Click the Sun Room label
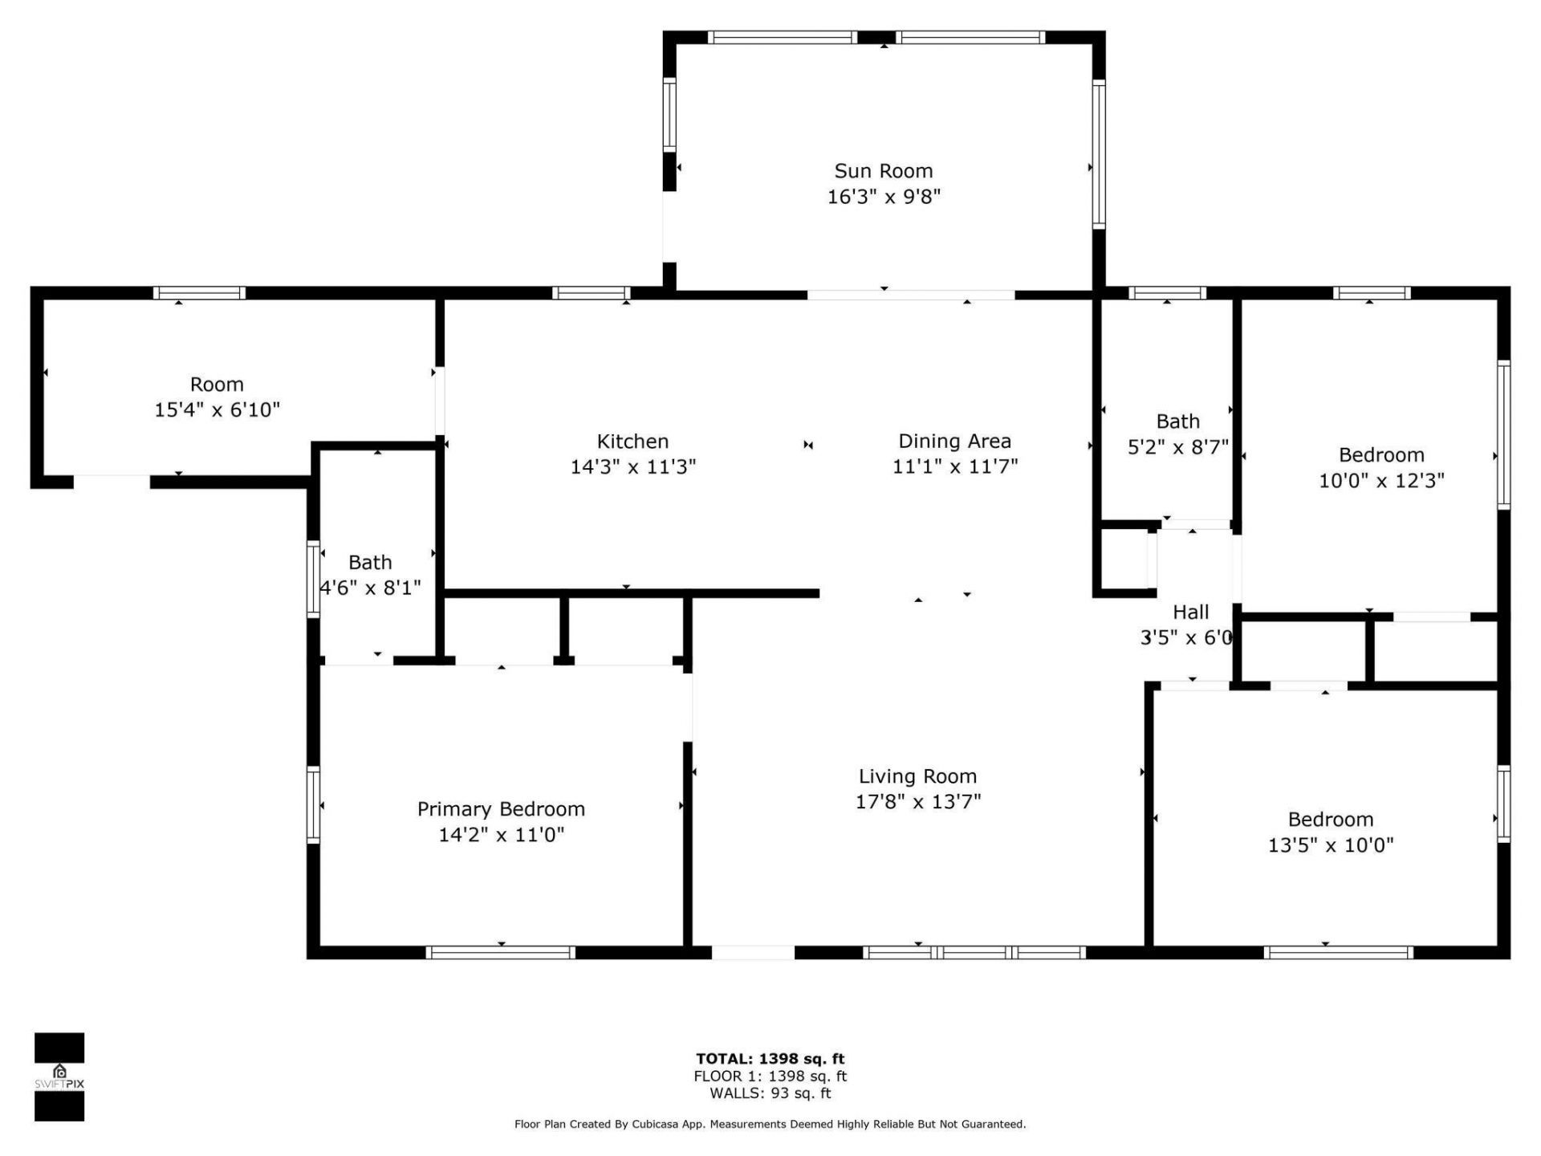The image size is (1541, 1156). coord(883,171)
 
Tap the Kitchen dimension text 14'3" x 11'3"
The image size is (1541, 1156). coord(633,466)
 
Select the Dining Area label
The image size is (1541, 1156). coord(954,442)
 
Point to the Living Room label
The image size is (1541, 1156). coord(917,776)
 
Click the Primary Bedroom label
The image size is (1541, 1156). coord(501,809)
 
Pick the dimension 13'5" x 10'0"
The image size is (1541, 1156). coord(1331,845)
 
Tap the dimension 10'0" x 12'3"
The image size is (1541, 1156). coord(1381,481)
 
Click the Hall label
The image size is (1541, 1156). coord(1190,613)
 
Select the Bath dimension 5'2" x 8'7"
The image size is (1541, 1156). coord(1178,447)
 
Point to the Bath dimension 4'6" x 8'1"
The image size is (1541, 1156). coord(371,588)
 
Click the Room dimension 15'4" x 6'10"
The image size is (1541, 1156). coord(217,410)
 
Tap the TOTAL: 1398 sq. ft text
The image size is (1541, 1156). coord(770,1059)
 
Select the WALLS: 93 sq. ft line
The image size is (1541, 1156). coord(770,1093)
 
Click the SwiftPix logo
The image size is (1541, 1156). coord(59,1077)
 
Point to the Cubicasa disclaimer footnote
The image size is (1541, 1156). coord(770,1125)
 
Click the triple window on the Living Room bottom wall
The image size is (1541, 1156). coord(974,953)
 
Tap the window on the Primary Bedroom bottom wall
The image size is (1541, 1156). coord(500,953)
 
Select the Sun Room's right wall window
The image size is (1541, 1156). coord(1099,154)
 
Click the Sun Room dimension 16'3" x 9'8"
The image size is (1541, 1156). coord(884,197)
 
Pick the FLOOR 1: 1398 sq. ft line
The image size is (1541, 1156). coord(770,1077)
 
